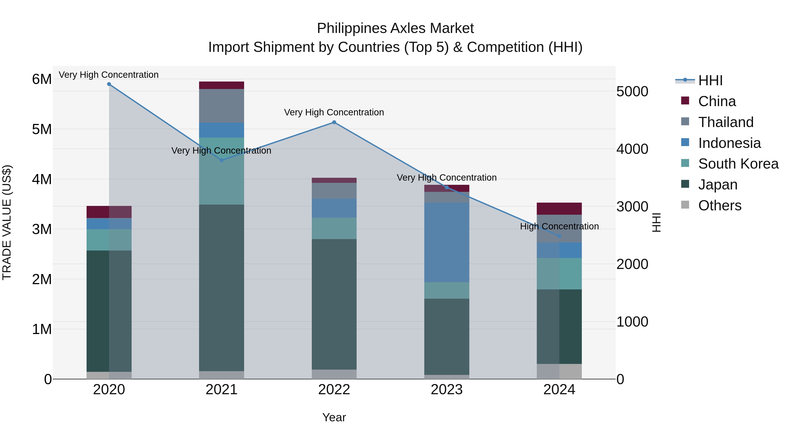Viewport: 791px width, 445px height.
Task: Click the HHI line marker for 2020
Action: point(109,84)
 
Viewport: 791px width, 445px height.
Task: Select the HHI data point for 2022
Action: point(334,122)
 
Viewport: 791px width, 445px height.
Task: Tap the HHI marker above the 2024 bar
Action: point(559,236)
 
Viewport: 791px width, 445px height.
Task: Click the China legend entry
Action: point(717,101)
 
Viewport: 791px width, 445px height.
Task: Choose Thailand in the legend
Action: point(726,122)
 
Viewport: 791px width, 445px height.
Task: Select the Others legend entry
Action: point(719,205)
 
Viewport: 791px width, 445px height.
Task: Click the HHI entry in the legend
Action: point(710,80)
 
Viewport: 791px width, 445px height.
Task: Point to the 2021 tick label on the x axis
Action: point(221,390)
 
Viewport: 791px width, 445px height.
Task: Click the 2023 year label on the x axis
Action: point(446,390)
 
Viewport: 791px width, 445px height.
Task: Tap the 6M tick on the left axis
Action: point(42,79)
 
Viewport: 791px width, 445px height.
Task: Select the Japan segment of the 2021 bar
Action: point(221,287)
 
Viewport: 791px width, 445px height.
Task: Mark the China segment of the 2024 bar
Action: point(559,209)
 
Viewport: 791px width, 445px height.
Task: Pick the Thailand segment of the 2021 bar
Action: point(221,106)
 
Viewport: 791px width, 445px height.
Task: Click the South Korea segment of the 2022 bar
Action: point(334,228)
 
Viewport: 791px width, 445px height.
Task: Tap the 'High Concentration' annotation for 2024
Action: point(559,226)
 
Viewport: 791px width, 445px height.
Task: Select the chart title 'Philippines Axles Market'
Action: point(395,28)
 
